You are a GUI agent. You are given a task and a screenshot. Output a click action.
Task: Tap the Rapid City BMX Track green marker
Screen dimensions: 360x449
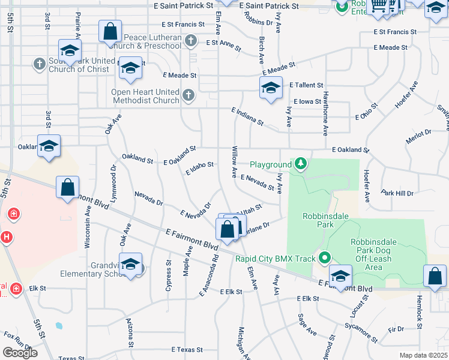click(x=325, y=259)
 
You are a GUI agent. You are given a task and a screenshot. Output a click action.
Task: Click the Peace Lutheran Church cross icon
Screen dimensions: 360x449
click(x=191, y=41)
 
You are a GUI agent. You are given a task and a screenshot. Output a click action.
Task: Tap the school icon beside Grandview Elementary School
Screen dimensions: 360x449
click(x=130, y=264)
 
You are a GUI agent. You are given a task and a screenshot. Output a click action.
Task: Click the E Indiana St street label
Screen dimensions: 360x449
click(x=248, y=116)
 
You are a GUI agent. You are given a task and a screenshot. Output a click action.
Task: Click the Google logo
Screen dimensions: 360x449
click(x=20, y=353)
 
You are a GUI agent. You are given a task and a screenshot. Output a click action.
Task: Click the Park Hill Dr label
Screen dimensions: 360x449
click(x=397, y=193)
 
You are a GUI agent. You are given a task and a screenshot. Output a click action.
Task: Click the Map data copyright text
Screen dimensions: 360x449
click(x=423, y=355)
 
